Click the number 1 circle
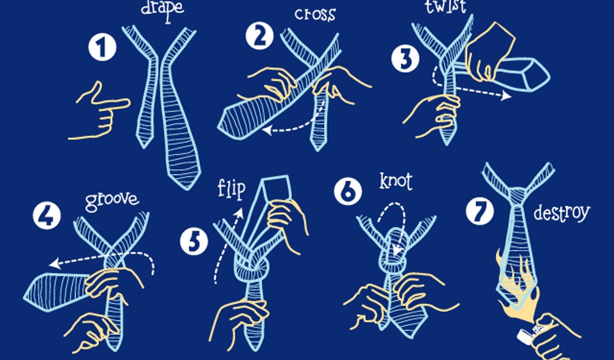point(102,47)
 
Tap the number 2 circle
point(260,35)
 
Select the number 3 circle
point(405,59)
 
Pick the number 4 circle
point(47,215)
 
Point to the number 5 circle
point(194,242)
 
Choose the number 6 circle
point(348,191)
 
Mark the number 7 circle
point(480,211)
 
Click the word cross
point(315,15)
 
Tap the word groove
point(112,200)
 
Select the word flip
point(231,190)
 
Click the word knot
point(396,181)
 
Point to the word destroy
point(561,214)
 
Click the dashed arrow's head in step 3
point(507,95)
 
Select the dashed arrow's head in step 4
point(55,263)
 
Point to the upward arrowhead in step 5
point(239,214)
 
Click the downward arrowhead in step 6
point(398,250)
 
